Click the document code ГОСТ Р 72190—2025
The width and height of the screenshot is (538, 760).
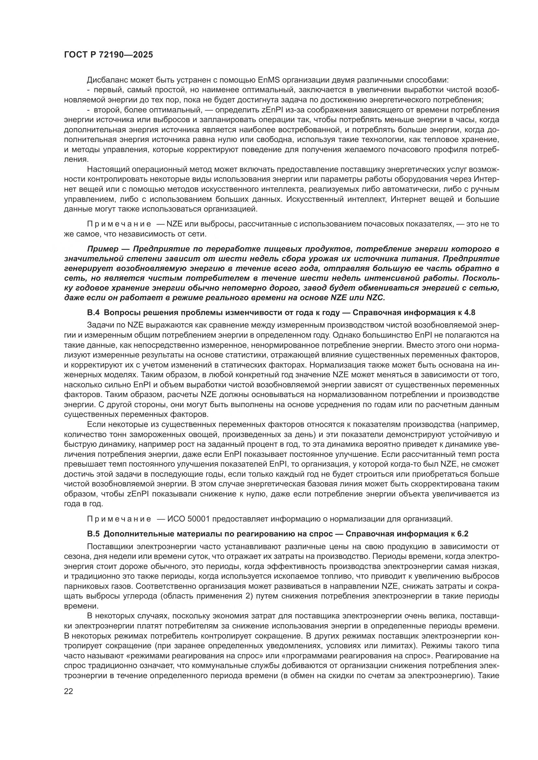click(x=108, y=55)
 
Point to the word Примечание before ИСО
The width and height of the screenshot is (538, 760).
click(x=119, y=518)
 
